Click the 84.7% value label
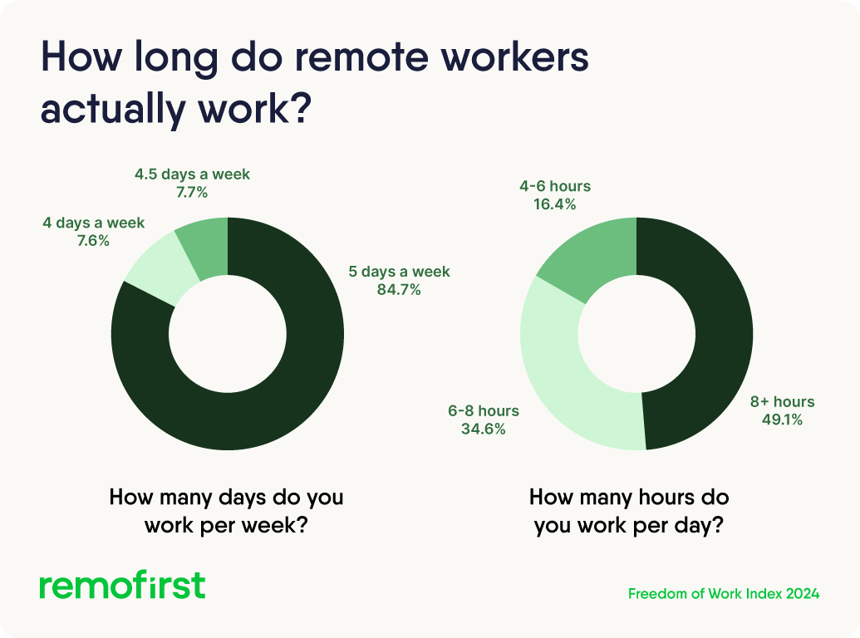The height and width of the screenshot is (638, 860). click(399, 290)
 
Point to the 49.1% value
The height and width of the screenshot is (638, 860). click(782, 420)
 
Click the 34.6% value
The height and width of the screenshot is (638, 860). click(484, 429)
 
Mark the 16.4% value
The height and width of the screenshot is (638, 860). click(554, 204)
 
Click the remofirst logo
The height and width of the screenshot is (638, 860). click(122, 585)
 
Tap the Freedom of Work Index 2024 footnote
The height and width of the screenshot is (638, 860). click(724, 594)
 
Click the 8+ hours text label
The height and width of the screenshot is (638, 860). click(782, 402)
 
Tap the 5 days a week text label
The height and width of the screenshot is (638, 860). click(399, 272)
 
